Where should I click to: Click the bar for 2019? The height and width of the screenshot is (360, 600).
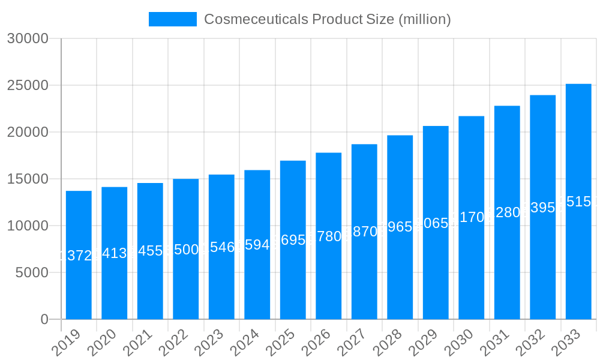tap(79, 255)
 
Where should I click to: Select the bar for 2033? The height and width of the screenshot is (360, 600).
tap(578, 202)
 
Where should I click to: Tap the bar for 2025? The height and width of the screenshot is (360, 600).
tap(293, 240)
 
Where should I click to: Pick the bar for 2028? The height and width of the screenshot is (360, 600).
tap(400, 227)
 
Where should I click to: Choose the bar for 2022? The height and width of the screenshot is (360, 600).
tap(186, 249)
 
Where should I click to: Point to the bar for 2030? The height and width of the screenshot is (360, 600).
tap(472, 217)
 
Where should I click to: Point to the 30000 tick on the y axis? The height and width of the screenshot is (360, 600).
tap(27, 39)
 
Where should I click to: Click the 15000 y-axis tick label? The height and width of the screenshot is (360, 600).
tap(27, 179)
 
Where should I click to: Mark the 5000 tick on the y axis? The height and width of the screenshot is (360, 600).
tap(31, 272)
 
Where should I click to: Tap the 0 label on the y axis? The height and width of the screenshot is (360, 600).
tap(44, 319)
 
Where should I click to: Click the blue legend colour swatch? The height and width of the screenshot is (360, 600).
tap(173, 19)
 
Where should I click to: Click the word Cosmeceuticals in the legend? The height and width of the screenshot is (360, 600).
tap(256, 19)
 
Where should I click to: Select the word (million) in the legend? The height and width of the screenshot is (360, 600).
tap(424, 19)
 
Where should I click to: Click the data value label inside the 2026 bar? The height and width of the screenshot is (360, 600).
tap(329, 236)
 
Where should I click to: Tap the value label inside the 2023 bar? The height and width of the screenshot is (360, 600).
tap(221, 247)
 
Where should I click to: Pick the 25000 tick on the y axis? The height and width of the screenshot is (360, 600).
tap(27, 86)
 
